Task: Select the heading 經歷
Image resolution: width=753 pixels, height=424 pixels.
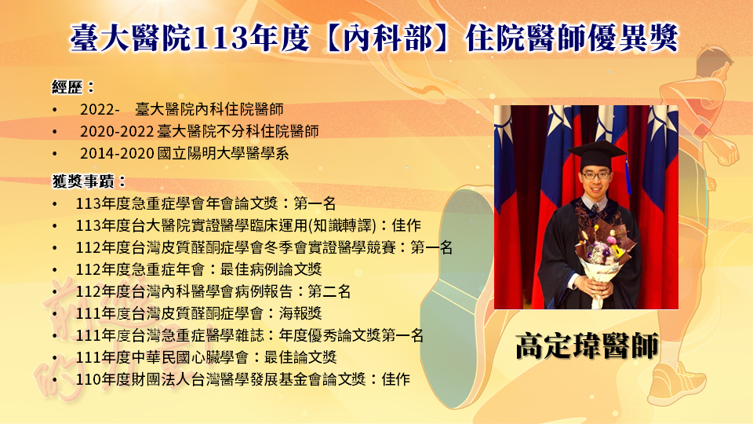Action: point(67,87)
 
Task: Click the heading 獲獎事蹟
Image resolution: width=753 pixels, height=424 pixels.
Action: point(83,181)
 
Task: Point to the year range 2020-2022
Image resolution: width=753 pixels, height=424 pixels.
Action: point(117,131)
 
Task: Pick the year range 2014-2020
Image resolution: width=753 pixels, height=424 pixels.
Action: point(117,153)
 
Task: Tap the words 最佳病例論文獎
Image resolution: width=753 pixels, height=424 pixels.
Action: point(271,269)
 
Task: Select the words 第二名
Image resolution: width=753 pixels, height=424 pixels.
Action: point(329,291)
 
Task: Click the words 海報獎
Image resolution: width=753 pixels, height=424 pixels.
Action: point(300,313)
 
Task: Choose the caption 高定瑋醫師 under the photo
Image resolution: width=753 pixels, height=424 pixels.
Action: point(587,345)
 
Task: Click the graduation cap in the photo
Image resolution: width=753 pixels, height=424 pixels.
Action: point(597,155)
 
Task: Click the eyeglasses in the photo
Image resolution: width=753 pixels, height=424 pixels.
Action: point(596,175)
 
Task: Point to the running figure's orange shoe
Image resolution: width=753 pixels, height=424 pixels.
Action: point(677,382)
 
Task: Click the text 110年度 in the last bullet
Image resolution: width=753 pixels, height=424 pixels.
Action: point(104,379)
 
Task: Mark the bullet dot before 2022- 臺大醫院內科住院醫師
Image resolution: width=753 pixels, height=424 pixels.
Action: point(55,110)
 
